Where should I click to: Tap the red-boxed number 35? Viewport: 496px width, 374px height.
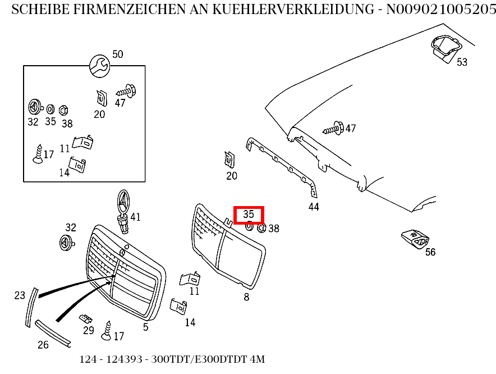(249, 214)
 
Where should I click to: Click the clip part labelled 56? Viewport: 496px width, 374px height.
(415, 239)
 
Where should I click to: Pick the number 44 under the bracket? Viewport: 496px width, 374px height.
(314, 207)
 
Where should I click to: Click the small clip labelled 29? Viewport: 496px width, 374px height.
(86, 319)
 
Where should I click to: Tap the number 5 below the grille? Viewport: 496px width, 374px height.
(145, 327)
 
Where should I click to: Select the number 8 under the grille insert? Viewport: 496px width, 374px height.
(246, 297)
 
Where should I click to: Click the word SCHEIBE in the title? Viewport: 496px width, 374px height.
(34, 9)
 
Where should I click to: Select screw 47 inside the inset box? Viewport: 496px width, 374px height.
(126, 90)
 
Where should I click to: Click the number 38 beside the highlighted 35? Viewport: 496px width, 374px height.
(273, 229)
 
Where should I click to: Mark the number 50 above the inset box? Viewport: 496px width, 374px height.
(117, 54)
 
